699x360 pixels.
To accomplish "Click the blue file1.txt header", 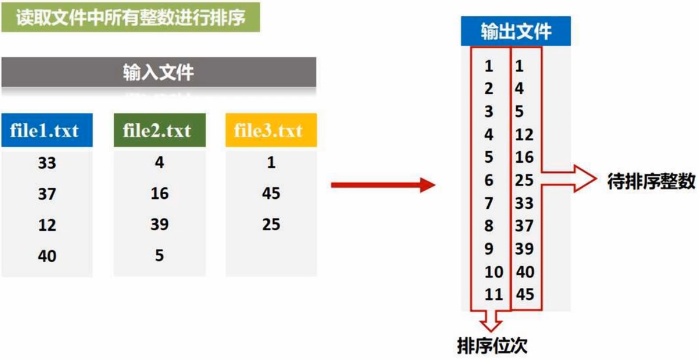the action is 47,131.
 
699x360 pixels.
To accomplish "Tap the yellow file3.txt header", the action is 271,131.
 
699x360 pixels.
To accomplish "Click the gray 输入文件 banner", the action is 159,72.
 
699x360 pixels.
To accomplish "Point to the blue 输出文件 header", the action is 516,31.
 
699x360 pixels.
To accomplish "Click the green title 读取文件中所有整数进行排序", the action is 131,18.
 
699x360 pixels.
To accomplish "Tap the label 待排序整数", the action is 651,182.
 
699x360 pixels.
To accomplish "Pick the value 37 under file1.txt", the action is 47,194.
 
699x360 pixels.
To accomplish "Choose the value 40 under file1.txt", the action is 47,256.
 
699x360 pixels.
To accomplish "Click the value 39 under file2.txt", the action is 159,225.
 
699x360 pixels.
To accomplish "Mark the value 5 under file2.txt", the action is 159,256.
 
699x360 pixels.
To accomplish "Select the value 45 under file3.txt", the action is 271,194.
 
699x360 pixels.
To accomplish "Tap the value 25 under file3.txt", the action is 271,225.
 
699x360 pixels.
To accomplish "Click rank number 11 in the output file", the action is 494,294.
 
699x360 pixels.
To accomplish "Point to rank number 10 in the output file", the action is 494,272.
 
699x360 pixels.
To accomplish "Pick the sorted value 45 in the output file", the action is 525,294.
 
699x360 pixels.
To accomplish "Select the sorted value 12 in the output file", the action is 525,134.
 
